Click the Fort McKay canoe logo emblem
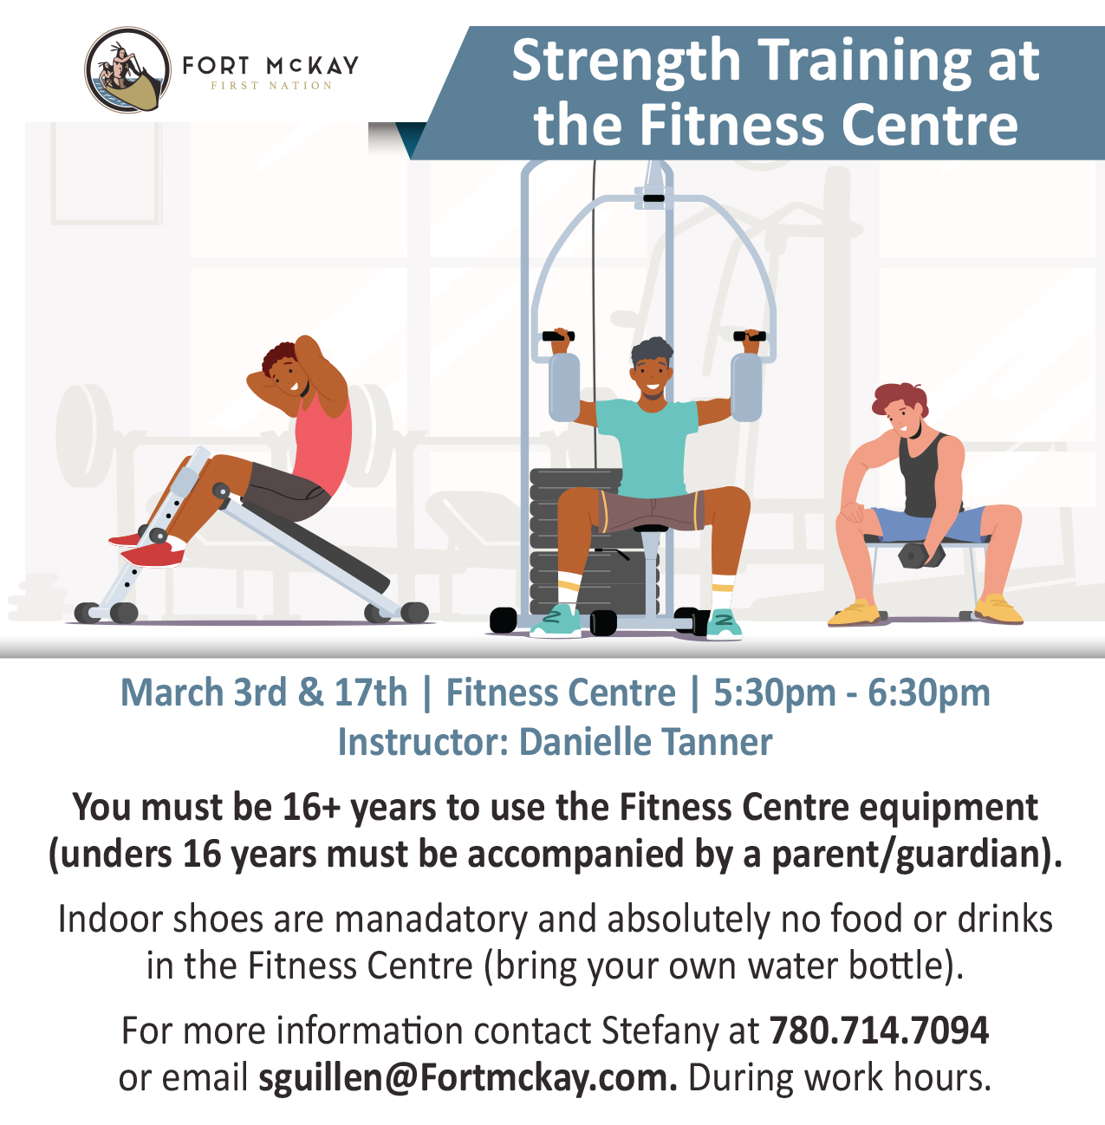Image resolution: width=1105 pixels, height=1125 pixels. pos(128,70)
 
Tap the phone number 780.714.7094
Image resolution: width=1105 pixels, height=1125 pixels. pos(879,1031)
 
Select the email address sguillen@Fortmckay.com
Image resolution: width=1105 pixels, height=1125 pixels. pos(468,1077)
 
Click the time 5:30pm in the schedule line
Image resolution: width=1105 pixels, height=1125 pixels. pos(775,693)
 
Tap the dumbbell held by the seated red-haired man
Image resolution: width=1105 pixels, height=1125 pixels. pos(920,556)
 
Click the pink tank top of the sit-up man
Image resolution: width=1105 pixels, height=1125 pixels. pos(323,444)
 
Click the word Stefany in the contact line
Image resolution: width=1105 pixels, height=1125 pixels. pos(660,1032)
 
